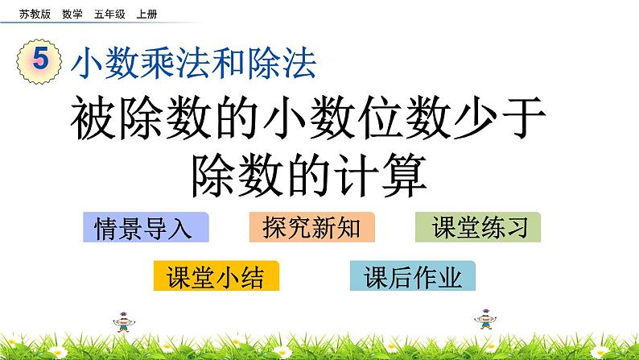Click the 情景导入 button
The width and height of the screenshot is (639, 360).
[x=146, y=228]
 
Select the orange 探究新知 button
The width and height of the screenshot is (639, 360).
[x=311, y=228]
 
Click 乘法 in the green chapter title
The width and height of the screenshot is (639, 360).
[x=192, y=63]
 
